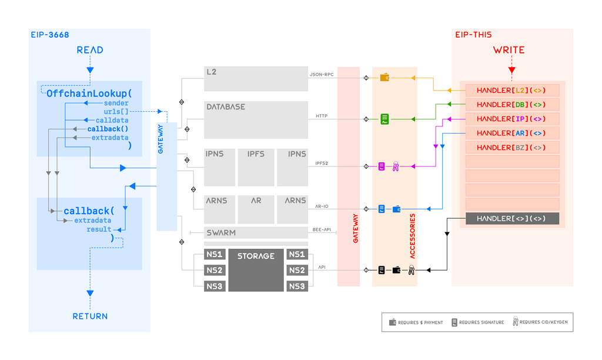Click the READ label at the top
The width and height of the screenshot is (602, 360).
90,50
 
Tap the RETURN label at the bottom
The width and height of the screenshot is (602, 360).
90,316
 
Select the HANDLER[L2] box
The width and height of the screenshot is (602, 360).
512,91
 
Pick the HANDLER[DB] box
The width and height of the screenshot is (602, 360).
512,105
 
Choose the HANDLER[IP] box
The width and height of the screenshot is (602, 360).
512,119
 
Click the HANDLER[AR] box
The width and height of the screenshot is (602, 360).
512,133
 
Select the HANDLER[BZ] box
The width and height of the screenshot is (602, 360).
512,148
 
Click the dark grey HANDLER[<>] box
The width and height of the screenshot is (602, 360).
512,219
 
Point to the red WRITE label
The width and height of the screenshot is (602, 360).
509,50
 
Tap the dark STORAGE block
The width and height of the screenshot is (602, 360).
256,270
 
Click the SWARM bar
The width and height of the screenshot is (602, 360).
256,233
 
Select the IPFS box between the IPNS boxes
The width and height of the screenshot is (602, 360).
256,167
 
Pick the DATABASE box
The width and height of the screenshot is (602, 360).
256,119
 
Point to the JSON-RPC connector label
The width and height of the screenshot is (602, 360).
322,75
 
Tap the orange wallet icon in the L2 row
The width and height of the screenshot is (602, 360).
384,78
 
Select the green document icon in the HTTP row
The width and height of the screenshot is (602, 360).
384,119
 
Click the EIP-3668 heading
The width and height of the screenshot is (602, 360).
50,35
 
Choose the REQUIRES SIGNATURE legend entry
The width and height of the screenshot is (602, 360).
477,322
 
